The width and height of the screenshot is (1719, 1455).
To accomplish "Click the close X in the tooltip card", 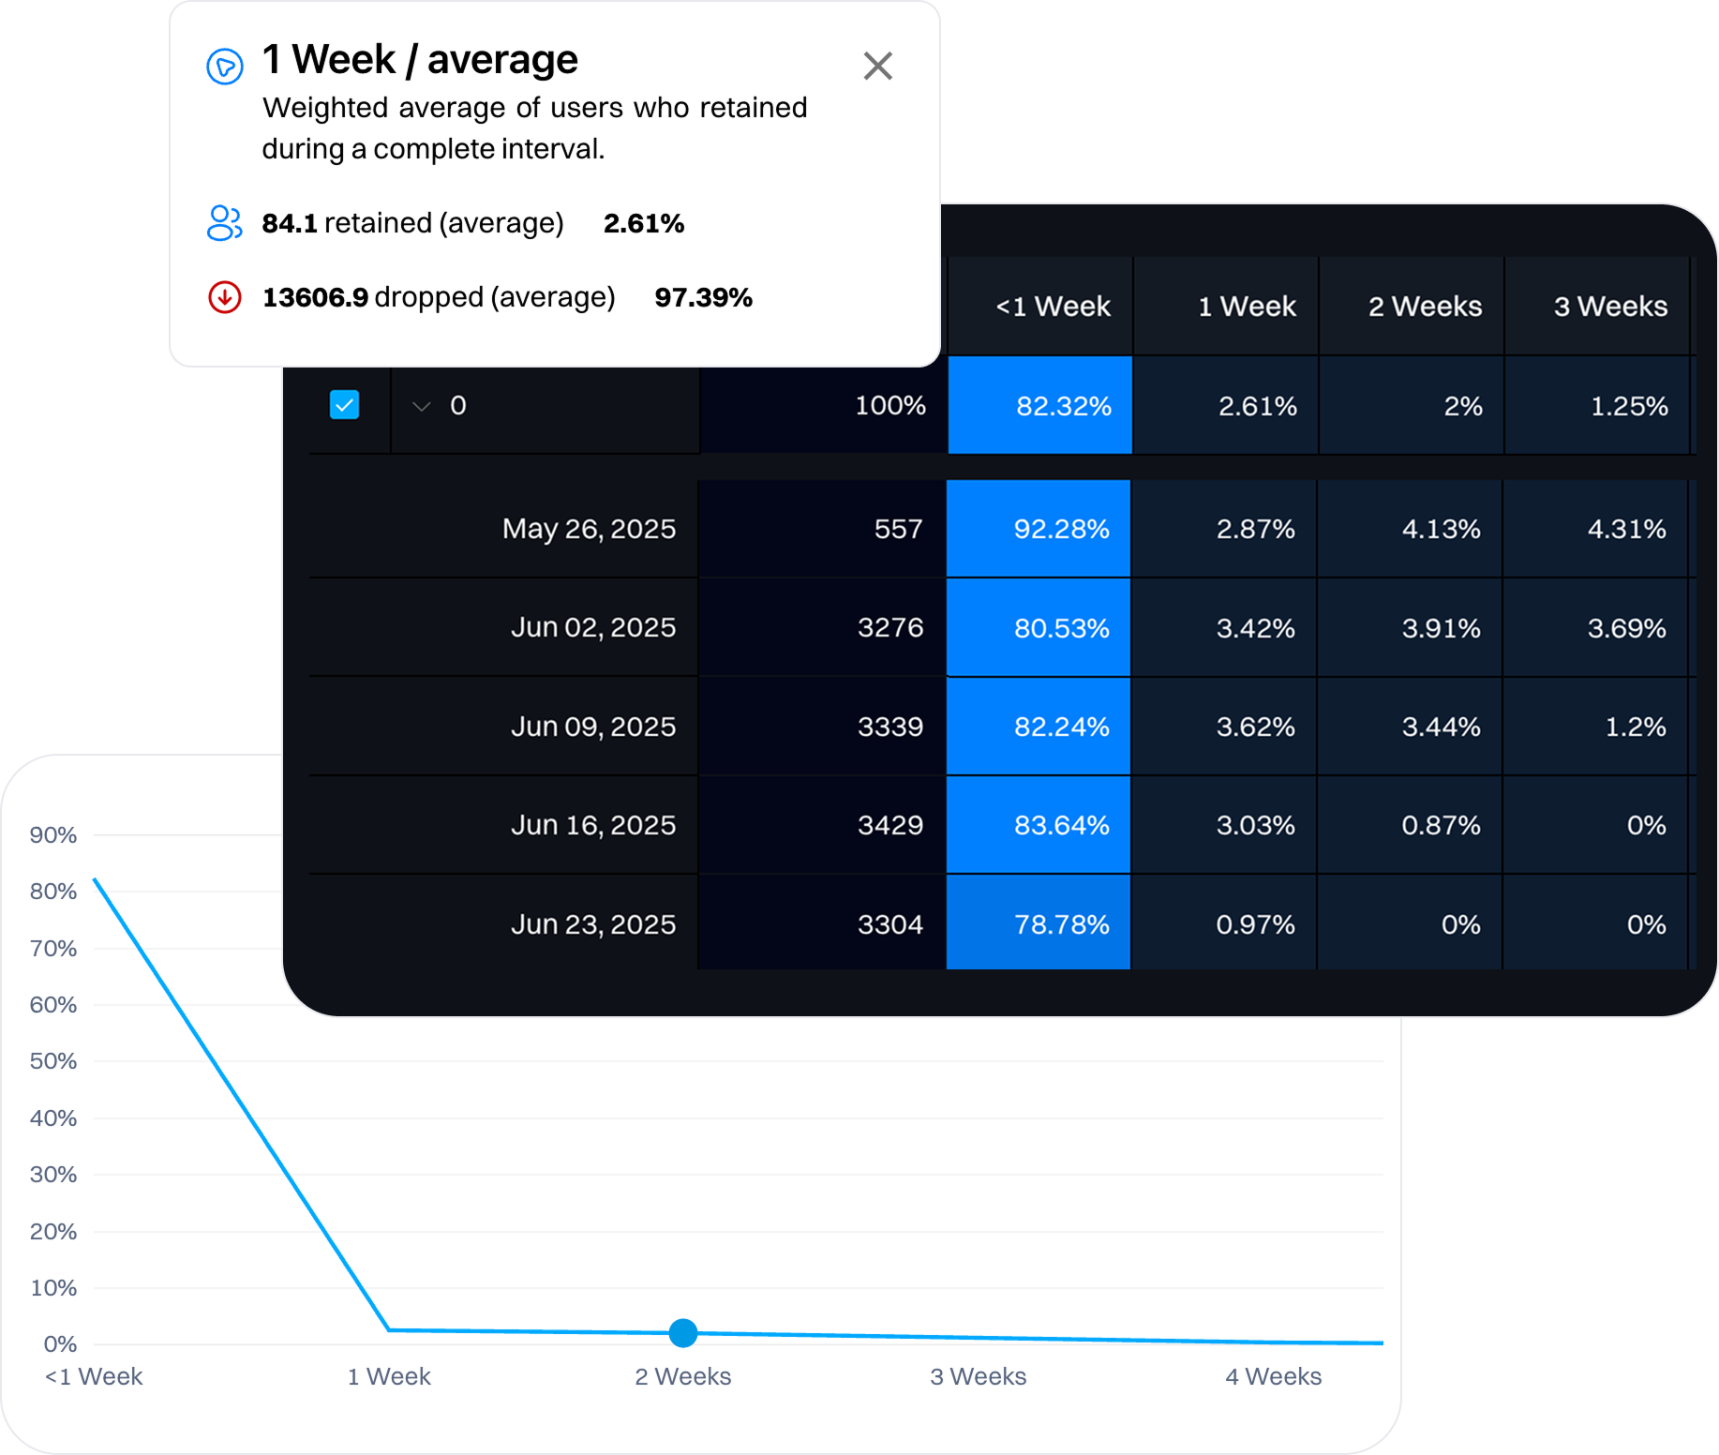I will point(877,67).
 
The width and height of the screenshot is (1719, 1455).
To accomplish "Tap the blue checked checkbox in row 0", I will point(344,405).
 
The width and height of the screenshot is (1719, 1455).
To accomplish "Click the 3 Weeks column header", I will point(1609,307).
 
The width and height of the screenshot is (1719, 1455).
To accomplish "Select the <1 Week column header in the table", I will point(1052,307).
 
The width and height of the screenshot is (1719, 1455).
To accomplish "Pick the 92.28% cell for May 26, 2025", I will point(1060,529).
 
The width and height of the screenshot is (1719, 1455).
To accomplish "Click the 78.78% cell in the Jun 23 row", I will point(1060,924).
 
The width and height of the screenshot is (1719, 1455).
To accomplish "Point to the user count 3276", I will point(889,627).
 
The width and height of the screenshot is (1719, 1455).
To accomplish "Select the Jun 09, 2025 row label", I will point(592,727).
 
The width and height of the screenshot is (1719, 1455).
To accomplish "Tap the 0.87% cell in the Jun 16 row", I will point(1440,825).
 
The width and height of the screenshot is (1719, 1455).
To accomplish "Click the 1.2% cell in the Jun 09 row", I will point(1635,727).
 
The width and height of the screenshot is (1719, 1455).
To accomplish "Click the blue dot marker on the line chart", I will point(683,1332).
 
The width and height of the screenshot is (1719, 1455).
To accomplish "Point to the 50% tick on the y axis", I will point(52,1061).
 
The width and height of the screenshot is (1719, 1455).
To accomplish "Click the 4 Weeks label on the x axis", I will point(1273,1376).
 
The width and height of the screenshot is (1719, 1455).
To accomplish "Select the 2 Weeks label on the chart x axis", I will point(682,1376).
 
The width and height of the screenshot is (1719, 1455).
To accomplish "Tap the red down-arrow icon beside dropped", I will point(225,297).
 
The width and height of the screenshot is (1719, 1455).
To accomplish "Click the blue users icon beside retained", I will point(224,223).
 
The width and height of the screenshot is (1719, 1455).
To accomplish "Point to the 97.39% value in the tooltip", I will point(703,298).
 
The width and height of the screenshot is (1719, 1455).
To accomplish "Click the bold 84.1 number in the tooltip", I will point(290,223).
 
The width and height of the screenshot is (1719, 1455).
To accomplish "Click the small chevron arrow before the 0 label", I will point(422,406).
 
